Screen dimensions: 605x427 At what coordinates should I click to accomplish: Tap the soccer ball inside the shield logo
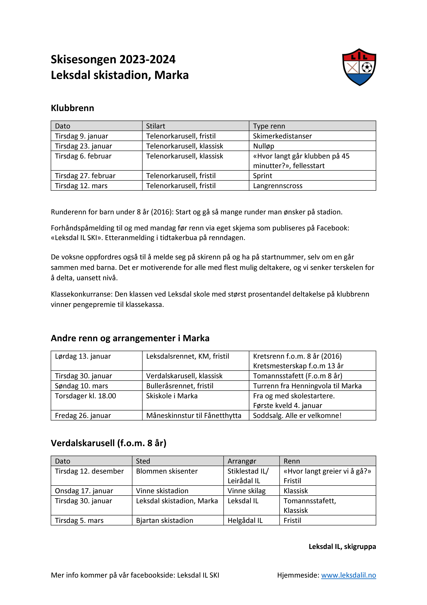click(367, 67)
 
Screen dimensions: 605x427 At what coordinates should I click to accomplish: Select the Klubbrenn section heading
click(72, 108)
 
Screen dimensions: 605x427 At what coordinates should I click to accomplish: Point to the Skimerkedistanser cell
click(282, 136)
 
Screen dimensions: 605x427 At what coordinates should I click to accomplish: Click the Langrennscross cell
click(278, 186)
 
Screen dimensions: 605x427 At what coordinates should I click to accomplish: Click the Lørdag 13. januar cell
click(83, 356)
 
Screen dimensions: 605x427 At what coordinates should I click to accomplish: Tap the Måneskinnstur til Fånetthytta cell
click(194, 416)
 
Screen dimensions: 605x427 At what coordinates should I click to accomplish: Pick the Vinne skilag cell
click(247, 491)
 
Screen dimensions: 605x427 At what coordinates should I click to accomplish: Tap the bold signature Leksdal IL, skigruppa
click(342, 547)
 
